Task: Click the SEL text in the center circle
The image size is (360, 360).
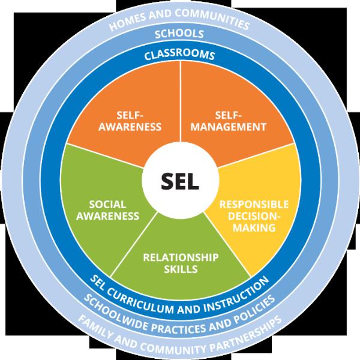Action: coord(180,181)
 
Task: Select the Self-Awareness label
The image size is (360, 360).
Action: coord(130,121)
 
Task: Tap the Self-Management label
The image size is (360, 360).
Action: coord(229,121)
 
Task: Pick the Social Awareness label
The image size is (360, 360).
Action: coord(107,211)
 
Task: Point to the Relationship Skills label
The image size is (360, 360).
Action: coord(181,263)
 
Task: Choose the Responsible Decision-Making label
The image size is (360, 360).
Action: coord(254,216)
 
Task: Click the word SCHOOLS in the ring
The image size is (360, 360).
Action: coord(179,34)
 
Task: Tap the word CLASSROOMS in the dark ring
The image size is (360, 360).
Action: coord(179,55)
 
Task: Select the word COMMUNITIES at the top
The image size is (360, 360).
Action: coord(212,18)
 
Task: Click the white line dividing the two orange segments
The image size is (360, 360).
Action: coord(181,101)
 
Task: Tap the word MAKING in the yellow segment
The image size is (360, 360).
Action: coord(254,227)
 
